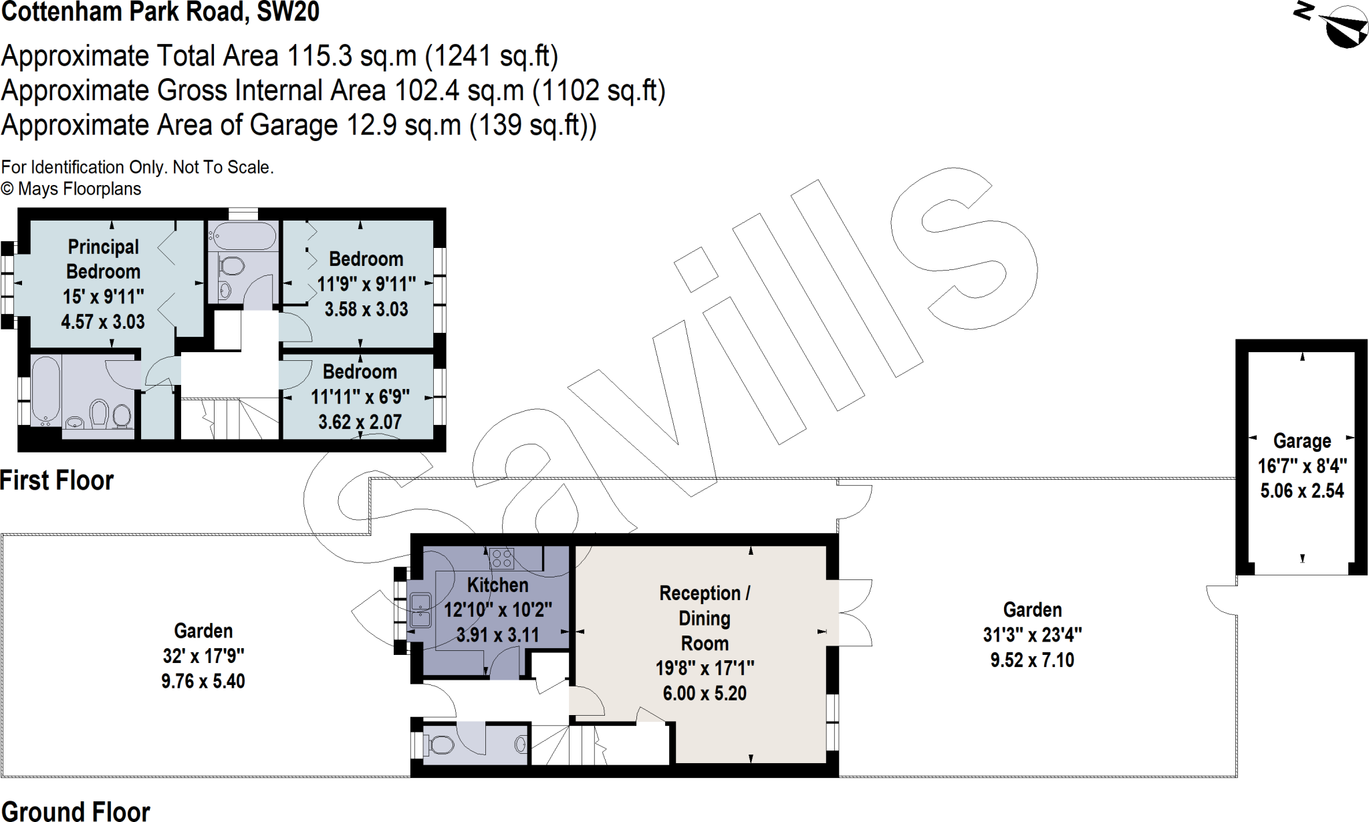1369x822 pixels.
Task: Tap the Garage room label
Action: [x=1301, y=441]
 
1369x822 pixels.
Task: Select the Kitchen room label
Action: [x=497, y=585]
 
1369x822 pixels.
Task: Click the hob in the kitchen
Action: [x=501, y=558]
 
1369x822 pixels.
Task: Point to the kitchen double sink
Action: [x=420, y=610]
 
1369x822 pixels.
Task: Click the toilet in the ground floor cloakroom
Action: [x=441, y=744]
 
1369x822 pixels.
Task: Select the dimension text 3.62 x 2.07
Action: [x=360, y=422]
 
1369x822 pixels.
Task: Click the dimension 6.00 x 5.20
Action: [x=705, y=694]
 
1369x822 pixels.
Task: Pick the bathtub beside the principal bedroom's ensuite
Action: [x=46, y=391]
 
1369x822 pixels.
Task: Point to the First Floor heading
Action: [x=57, y=481]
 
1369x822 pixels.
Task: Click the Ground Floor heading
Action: [x=75, y=811]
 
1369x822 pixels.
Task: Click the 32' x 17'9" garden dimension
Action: [x=203, y=656]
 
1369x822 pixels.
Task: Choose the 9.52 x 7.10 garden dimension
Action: [x=1032, y=660]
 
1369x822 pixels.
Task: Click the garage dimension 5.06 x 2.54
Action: [x=1301, y=491]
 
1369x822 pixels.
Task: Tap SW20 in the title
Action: [x=288, y=12]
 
